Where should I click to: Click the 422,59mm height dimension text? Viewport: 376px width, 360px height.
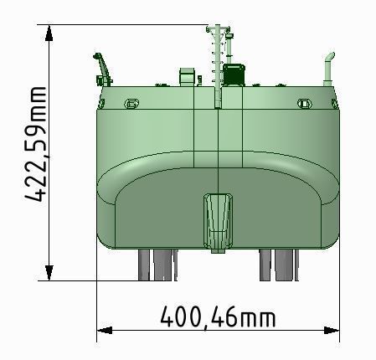[33, 143]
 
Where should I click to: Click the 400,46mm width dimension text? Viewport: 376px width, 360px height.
[218, 317]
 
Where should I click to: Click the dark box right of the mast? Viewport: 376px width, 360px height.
[234, 75]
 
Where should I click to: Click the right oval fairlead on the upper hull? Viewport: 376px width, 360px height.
[305, 103]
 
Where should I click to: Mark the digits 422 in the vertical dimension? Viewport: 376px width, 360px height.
[33, 181]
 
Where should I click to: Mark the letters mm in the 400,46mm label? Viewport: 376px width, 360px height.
[257, 317]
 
